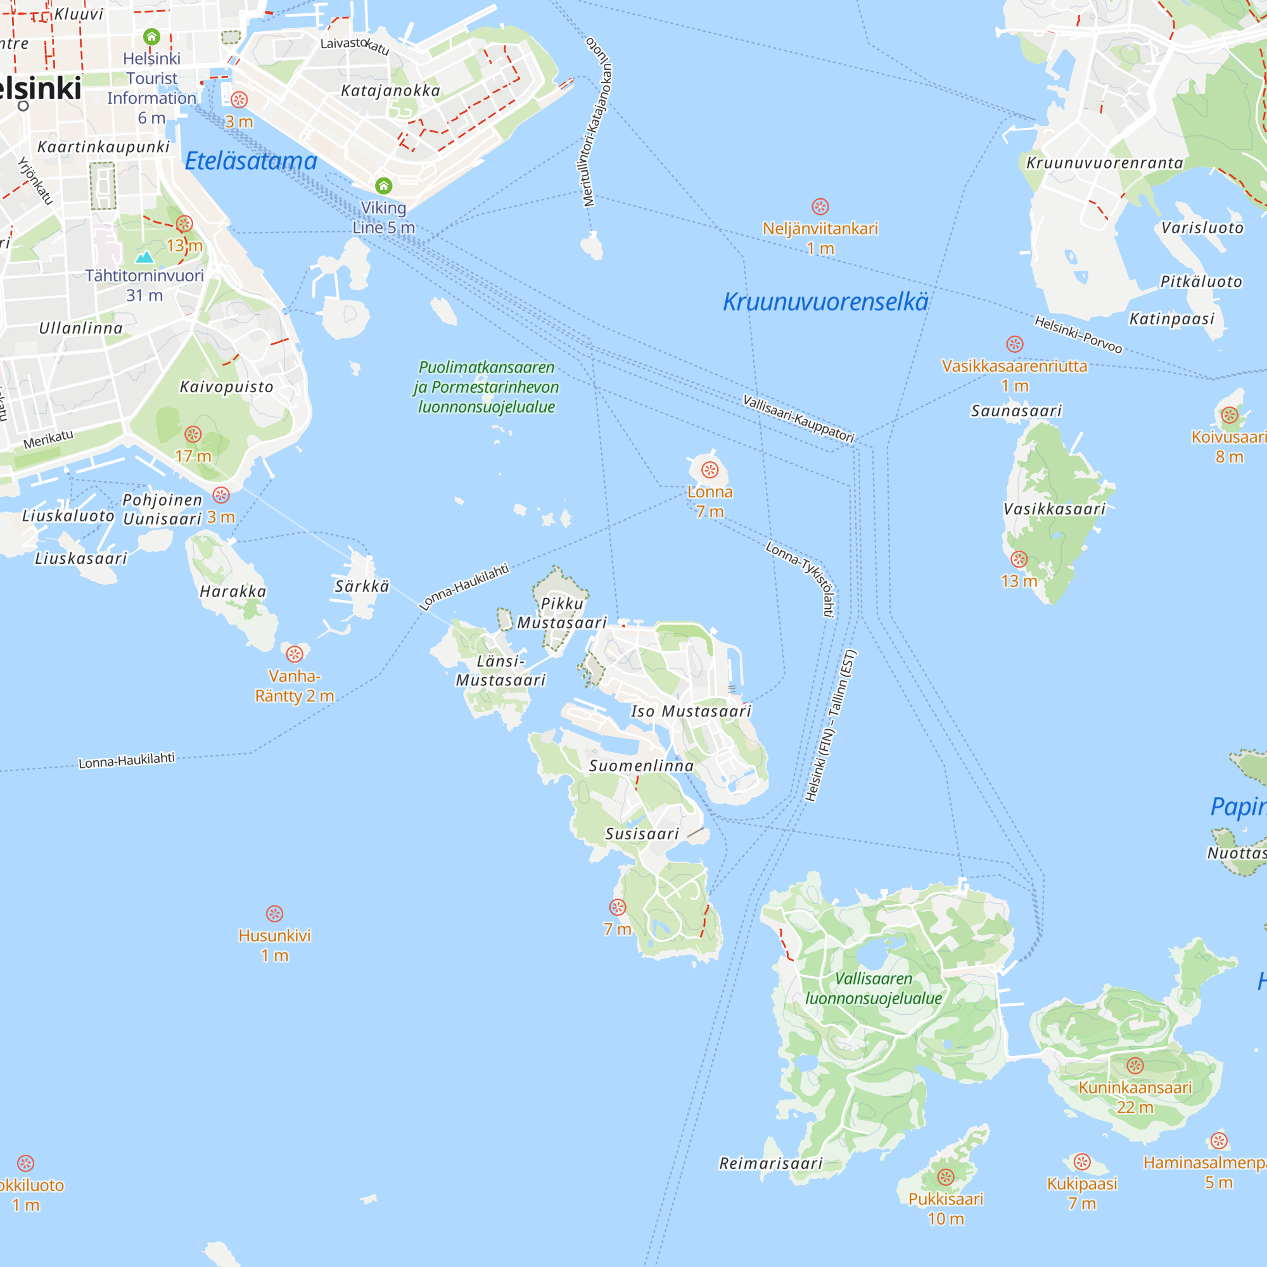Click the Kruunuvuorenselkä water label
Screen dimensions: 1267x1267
pyautogui.click(x=825, y=302)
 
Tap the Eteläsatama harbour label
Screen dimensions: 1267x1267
pyautogui.click(x=250, y=162)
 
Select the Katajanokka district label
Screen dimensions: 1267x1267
pyautogui.click(x=390, y=91)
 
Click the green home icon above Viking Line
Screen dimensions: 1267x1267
pyautogui.click(x=384, y=186)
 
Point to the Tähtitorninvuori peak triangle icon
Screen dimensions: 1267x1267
pyautogui.click(x=144, y=257)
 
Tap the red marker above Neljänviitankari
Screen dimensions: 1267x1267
pyautogui.click(x=820, y=207)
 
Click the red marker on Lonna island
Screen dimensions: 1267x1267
pyautogui.click(x=710, y=469)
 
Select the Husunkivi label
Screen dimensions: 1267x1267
pyautogui.click(x=274, y=936)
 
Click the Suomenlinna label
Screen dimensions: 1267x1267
pyautogui.click(x=640, y=766)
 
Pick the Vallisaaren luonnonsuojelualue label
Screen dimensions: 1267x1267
pyautogui.click(x=873, y=988)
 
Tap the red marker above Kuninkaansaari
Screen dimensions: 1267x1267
pyautogui.click(x=1135, y=1066)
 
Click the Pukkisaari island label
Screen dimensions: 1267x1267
pyautogui.click(x=946, y=1199)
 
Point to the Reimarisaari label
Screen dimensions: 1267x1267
pyautogui.click(x=770, y=1163)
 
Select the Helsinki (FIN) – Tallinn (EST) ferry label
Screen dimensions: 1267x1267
pyautogui.click(x=831, y=725)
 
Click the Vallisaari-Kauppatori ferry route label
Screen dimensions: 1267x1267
pyautogui.click(x=798, y=418)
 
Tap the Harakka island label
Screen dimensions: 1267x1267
pyautogui.click(x=232, y=592)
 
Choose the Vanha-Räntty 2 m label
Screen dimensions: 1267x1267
pyautogui.click(x=294, y=686)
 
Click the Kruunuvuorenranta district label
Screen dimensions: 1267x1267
pyautogui.click(x=1104, y=163)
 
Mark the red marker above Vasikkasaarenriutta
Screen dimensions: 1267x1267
pyautogui.click(x=1014, y=344)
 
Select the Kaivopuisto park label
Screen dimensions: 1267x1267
pyautogui.click(x=226, y=387)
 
